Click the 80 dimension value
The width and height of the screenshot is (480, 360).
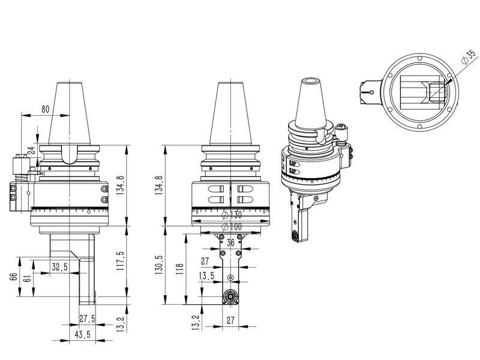46,109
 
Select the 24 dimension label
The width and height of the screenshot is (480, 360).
32,151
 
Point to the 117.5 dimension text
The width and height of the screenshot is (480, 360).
121,260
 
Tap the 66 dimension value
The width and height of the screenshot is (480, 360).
13,277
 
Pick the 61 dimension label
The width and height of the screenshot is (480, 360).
27,278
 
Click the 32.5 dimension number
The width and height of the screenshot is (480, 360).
59,267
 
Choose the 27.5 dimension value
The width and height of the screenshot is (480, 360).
87,319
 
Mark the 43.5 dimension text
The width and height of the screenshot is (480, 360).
83,334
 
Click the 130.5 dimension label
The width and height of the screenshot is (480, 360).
159,265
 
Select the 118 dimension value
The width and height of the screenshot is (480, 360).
179,268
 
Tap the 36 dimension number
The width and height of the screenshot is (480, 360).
230,243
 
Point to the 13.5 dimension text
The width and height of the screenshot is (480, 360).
206,276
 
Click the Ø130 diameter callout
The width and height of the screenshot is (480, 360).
232,215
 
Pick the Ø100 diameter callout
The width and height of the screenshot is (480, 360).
232,227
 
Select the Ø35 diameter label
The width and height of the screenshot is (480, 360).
469,57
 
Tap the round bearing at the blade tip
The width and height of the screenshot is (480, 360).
230,296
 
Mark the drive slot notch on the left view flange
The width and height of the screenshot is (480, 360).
70,155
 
